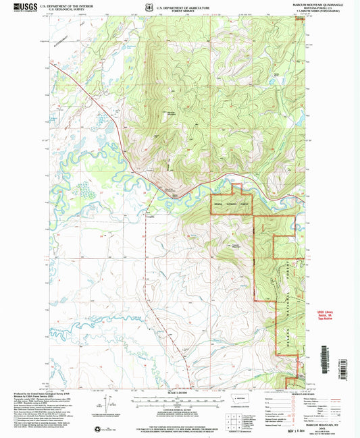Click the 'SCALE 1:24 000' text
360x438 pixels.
[x=178, y=393]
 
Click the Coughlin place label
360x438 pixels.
[x=149, y=217]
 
